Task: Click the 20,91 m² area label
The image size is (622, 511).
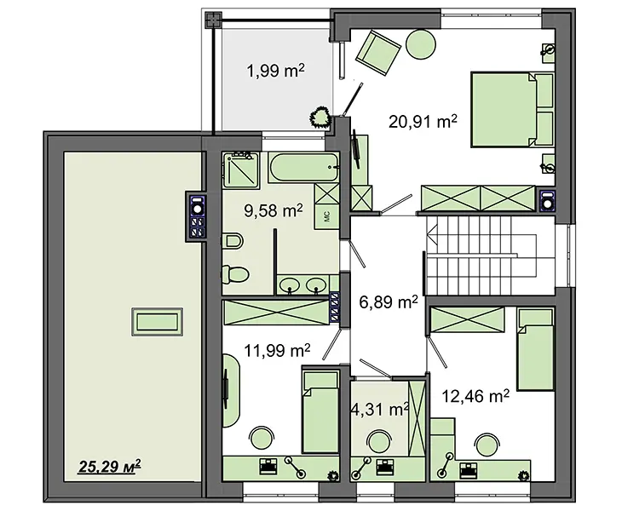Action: pyautogui.click(x=423, y=121)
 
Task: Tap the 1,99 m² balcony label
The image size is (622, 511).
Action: pyautogui.click(x=276, y=71)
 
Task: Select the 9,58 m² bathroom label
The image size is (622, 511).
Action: pyautogui.click(x=274, y=210)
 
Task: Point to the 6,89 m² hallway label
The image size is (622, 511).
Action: pyautogui.click(x=389, y=302)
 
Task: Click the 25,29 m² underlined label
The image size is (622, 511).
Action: pyautogui.click(x=109, y=466)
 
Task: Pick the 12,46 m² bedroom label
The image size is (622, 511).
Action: pyautogui.click(x=475, y=396)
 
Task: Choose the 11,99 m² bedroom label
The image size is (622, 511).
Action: pyautogui.click(x=277, y=350)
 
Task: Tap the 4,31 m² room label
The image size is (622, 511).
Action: pyautogui.click(x=380, y=409)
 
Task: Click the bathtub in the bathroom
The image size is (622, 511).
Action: pyautogui.click(x=303, y=167)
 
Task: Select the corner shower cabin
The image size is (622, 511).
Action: pyautogui.click(x=240, y=169)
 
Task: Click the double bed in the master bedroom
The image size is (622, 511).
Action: pyautogui.click(x=512, y=109)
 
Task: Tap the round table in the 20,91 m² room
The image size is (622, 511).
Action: pyautogui.click(x=422, y=44)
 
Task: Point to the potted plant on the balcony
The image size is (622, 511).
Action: pyautogui.click(x=320, y=118)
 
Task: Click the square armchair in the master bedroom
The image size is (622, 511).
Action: pyautogui.click(x=378, y=53)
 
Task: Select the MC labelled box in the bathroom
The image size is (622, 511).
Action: pyautogui.click(x=327, y=217)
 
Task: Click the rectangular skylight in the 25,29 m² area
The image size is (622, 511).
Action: pyautogui.click(x=157, y=322)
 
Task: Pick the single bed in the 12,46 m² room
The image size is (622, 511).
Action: pyautogui.click(x=535, y=349)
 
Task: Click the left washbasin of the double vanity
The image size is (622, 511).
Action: pyautogui.click(x=290, y=284)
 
